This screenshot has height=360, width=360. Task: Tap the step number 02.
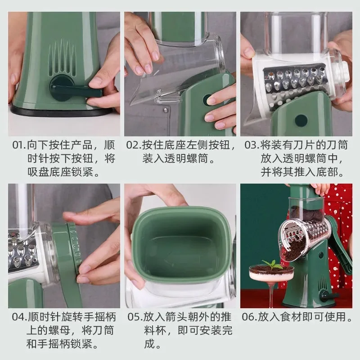pyautogui.click(x=133, y=145)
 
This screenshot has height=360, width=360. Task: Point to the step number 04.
pyautogui.click(x=18, y=317)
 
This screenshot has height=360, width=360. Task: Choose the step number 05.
pyautogui.click(x=134, y=317)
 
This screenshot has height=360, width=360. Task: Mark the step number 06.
pyautogui.click(x=249, y=317)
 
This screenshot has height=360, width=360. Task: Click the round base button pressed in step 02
pyautogui.click(x=208, y=100)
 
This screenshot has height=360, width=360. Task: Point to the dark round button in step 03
pyautogui.click(x=301, y=121)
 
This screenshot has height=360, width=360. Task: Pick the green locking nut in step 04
pyautogui.click(x=74, y=243)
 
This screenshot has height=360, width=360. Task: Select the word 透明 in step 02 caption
pyautogui.click(x=175, y=159)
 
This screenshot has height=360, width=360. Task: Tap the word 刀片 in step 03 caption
pyautogui.click(x=304, y=145)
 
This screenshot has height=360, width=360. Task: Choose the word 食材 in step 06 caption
pyautogui.click(x=290, y=317)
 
